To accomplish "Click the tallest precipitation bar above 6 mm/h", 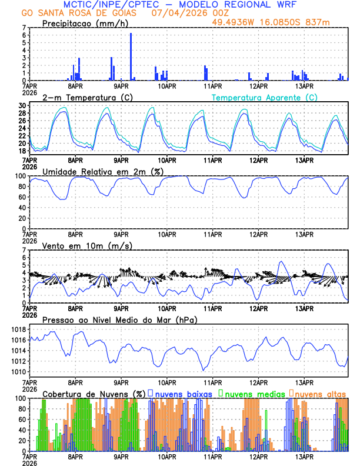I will pos(131,56).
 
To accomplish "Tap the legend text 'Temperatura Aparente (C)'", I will pos(264,97).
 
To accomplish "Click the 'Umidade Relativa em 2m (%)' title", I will pos(103,171).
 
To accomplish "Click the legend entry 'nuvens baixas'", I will pos(185,393).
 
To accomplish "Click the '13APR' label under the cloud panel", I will pos(304,457).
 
